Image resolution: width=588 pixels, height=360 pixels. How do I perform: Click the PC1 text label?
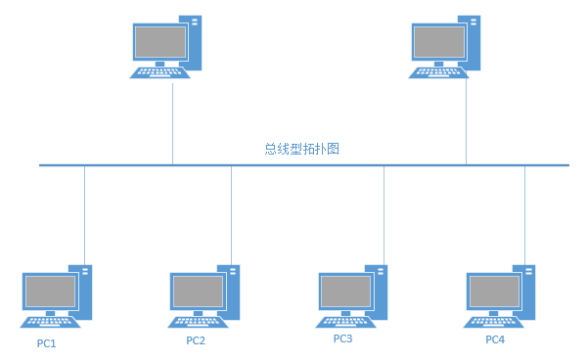coord(47,343)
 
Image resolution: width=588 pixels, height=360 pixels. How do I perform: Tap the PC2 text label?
coord(196,341)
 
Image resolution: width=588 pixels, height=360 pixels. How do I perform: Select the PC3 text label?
coord(342,339)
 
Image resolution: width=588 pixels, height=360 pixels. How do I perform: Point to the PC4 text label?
coord(495,339)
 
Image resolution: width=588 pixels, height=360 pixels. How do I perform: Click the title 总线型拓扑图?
coord(301,150)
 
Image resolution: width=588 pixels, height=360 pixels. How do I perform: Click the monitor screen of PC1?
coord(51,291)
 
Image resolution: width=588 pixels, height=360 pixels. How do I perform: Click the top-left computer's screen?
coord(160,41)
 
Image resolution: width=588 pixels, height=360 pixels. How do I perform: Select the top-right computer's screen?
coord(438,41)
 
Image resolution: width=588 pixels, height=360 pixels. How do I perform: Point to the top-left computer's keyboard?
coord(159,71)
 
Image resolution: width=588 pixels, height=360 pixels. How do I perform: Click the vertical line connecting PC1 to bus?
coord(85,215)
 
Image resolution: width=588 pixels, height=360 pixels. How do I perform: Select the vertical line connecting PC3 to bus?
coord(384,215)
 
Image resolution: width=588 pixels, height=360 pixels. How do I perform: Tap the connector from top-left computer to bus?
coord(172,122)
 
